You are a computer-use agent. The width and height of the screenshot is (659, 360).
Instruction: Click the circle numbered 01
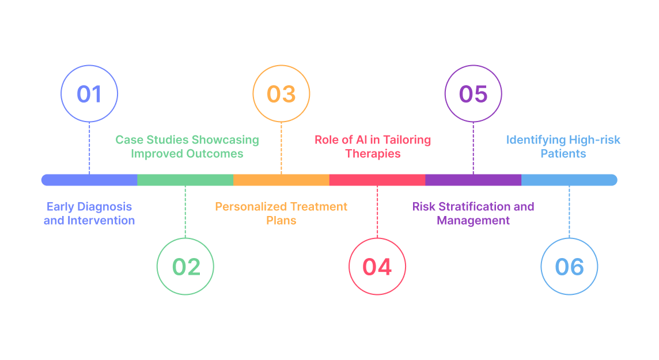pos(89,94)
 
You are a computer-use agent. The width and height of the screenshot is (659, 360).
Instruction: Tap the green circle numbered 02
pos(185,267)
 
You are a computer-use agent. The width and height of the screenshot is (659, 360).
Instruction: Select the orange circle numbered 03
pos(281,94)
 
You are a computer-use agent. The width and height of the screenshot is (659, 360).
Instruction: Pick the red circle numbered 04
pos(377,267)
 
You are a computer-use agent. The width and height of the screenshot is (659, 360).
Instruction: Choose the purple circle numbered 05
pos(474,94)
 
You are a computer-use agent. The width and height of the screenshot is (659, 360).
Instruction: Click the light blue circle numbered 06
pos(569,267)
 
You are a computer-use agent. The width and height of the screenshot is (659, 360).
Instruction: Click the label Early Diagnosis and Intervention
pos(89,213)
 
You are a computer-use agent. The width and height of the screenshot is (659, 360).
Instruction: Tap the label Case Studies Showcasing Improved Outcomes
pos(187,147)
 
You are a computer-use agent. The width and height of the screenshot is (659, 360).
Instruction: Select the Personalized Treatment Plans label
pos(281,213)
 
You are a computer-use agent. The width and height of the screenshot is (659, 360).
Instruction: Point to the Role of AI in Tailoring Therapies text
pos(373,147)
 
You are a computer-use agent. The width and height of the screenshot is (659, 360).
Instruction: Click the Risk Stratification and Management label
pos(474,213)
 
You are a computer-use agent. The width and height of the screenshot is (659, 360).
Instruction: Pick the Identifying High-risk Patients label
pos(563,147)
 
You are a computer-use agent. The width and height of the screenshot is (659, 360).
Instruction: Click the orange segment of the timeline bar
pos(281,180)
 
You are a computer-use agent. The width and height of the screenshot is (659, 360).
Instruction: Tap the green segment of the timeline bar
pos(185,180)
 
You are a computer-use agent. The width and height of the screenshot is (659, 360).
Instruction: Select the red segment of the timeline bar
pos(377,180)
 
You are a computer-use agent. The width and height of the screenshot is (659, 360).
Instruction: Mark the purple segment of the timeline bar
pos(474,180)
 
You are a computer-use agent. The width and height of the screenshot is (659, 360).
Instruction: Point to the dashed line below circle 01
pos(89,148)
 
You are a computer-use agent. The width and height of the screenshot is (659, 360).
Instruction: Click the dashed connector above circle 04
pos(377,211)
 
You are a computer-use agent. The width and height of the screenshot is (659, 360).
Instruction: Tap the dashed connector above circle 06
pos(569,211)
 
